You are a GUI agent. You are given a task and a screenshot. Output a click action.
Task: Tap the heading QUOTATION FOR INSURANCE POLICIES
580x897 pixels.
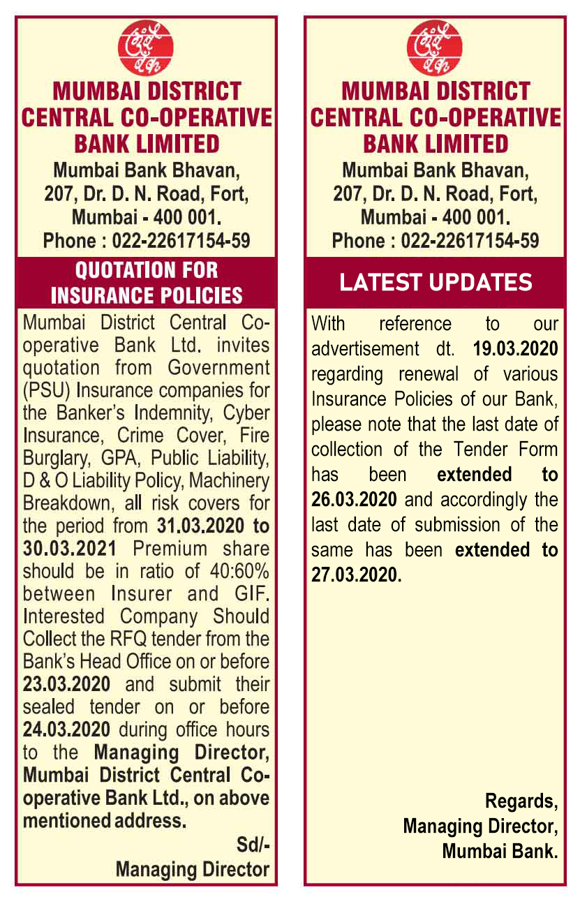click(147, 282)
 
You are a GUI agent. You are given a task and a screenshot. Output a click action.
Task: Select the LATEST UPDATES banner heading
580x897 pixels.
click(436, 282)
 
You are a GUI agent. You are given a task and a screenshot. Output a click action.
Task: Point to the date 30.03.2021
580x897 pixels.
click(67, 549)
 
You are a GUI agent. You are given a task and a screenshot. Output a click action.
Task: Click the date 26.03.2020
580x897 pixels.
click(354, 500)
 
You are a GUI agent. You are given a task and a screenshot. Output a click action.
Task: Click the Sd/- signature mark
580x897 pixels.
click(253, 845)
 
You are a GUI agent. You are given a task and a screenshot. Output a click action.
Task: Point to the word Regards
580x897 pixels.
click(521, 800)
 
